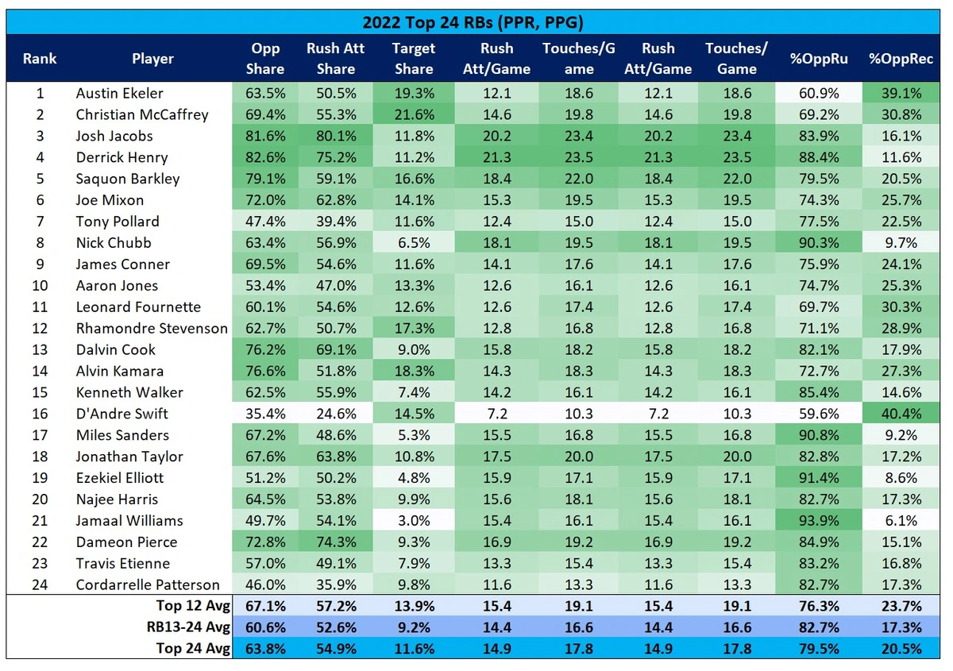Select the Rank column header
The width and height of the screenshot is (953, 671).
[x=39, y=58]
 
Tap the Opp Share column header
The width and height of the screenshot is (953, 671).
[x=265, y=58]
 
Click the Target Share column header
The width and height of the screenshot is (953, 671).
[x=413, y=58]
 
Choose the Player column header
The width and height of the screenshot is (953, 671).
[x=152, y=58]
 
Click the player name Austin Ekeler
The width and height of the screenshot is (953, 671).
[x=120, y=93]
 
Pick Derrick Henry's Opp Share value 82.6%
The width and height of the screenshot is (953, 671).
[x=265, y=157]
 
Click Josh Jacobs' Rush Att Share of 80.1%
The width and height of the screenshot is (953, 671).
[x=335, y=136]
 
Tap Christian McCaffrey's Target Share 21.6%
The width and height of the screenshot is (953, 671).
[x=413, y=114]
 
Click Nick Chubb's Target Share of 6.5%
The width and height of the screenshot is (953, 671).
[x=413, y=242]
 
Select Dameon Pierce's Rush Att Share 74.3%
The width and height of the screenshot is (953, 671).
[x=335, y=542]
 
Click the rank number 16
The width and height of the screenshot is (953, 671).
[x=40, y=414]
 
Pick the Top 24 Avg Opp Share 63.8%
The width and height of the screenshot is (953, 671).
[x=265, y=649]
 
